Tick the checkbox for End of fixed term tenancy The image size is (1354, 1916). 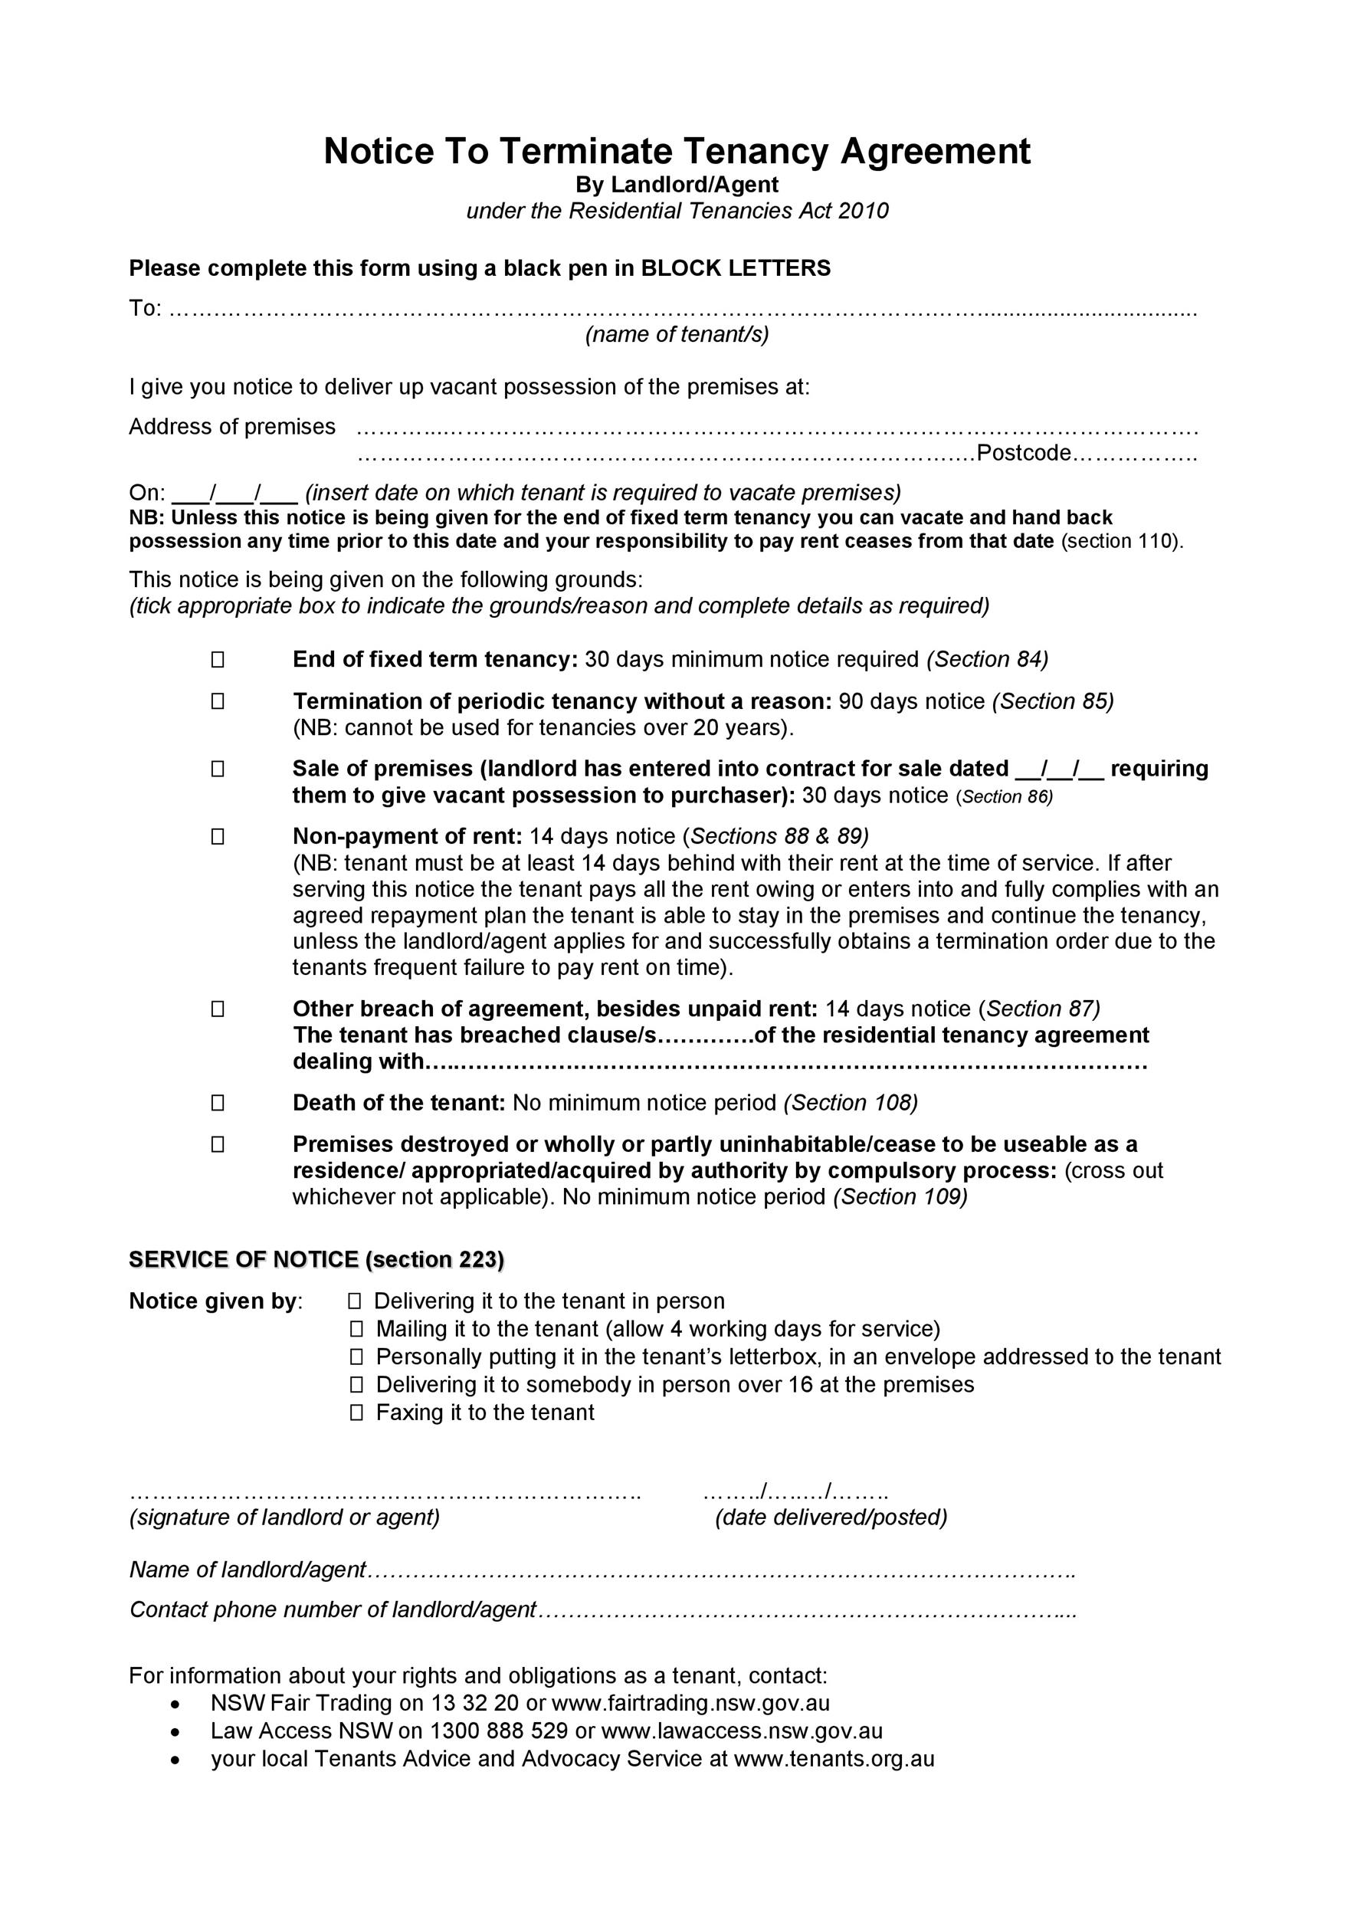218,660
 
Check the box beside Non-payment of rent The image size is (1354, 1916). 218,836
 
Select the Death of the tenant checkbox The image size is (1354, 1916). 218,1103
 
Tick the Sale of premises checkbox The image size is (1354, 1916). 218,769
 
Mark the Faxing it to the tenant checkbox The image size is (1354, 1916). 357,1412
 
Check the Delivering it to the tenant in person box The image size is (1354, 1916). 356,1301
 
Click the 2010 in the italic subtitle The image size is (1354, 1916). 864,211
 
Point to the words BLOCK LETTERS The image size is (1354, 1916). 735,269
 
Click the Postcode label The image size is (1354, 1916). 1024,453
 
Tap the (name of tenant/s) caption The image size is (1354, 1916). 677,335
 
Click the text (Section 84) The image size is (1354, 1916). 988,660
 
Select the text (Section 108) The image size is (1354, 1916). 851,1103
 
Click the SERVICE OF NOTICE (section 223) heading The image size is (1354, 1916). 316,1259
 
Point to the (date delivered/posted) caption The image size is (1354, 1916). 831,1517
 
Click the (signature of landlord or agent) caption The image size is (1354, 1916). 284,1517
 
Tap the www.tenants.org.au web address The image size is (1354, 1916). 834,1759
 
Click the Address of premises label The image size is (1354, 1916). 232,427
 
